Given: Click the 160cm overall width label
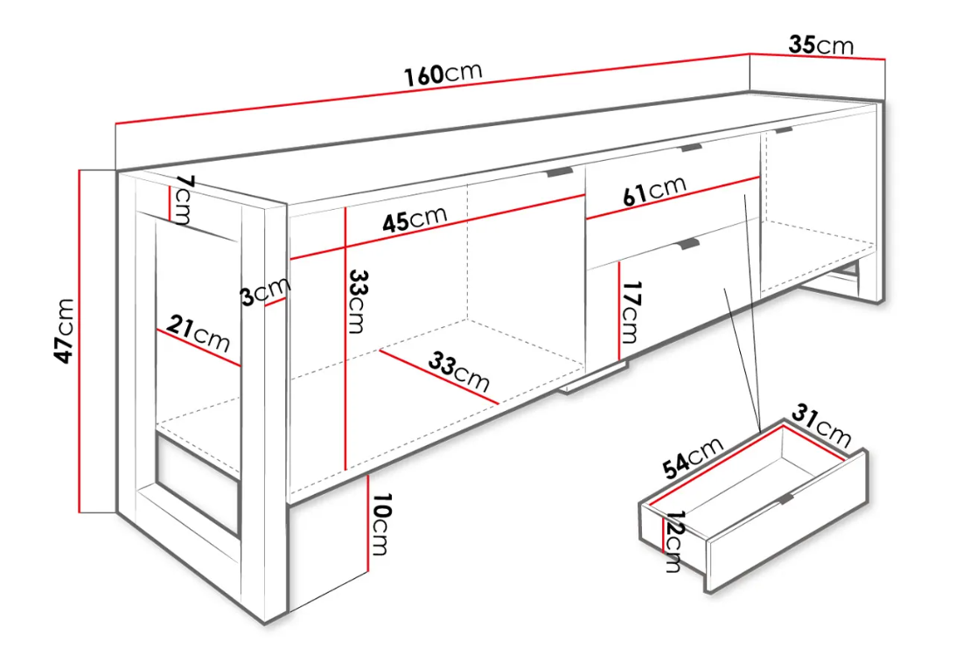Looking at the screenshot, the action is [x=443, y=73].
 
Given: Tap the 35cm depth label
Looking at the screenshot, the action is [x=821, y=45].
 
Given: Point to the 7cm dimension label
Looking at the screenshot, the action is [x=183, y=199].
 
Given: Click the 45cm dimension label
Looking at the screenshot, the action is [x=415, y=219].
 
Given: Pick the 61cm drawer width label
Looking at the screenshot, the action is [x=653, y=191].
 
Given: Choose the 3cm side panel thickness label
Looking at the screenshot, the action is [x=265, y=291].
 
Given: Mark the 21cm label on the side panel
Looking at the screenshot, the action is [x=198, y=333].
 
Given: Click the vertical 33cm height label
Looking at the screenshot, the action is [x=357, y=301].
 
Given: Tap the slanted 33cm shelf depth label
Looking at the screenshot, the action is [x=459, y=371].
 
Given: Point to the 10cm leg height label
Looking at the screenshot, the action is [x=380, y=524].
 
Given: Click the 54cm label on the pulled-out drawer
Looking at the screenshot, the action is [x=694, y=457].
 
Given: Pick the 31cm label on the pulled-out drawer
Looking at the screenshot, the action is [x=821, y=425].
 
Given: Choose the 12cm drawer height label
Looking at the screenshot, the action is [x=673, y=541].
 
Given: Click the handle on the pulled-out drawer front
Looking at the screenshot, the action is [x=786, y=498].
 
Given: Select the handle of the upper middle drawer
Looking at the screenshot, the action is [x=692, y=148].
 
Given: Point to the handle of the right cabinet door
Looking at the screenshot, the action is [x=784, y=129].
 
